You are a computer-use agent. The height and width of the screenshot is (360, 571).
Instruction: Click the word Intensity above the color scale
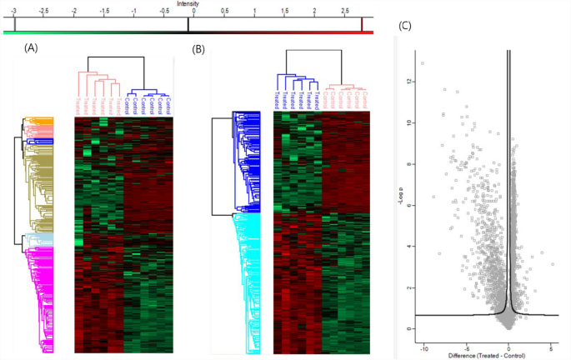188,3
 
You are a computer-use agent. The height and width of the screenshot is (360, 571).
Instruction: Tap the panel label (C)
406,25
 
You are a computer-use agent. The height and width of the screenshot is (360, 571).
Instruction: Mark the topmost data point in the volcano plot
423,63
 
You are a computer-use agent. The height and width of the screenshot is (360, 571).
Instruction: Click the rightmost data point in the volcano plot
552,264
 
